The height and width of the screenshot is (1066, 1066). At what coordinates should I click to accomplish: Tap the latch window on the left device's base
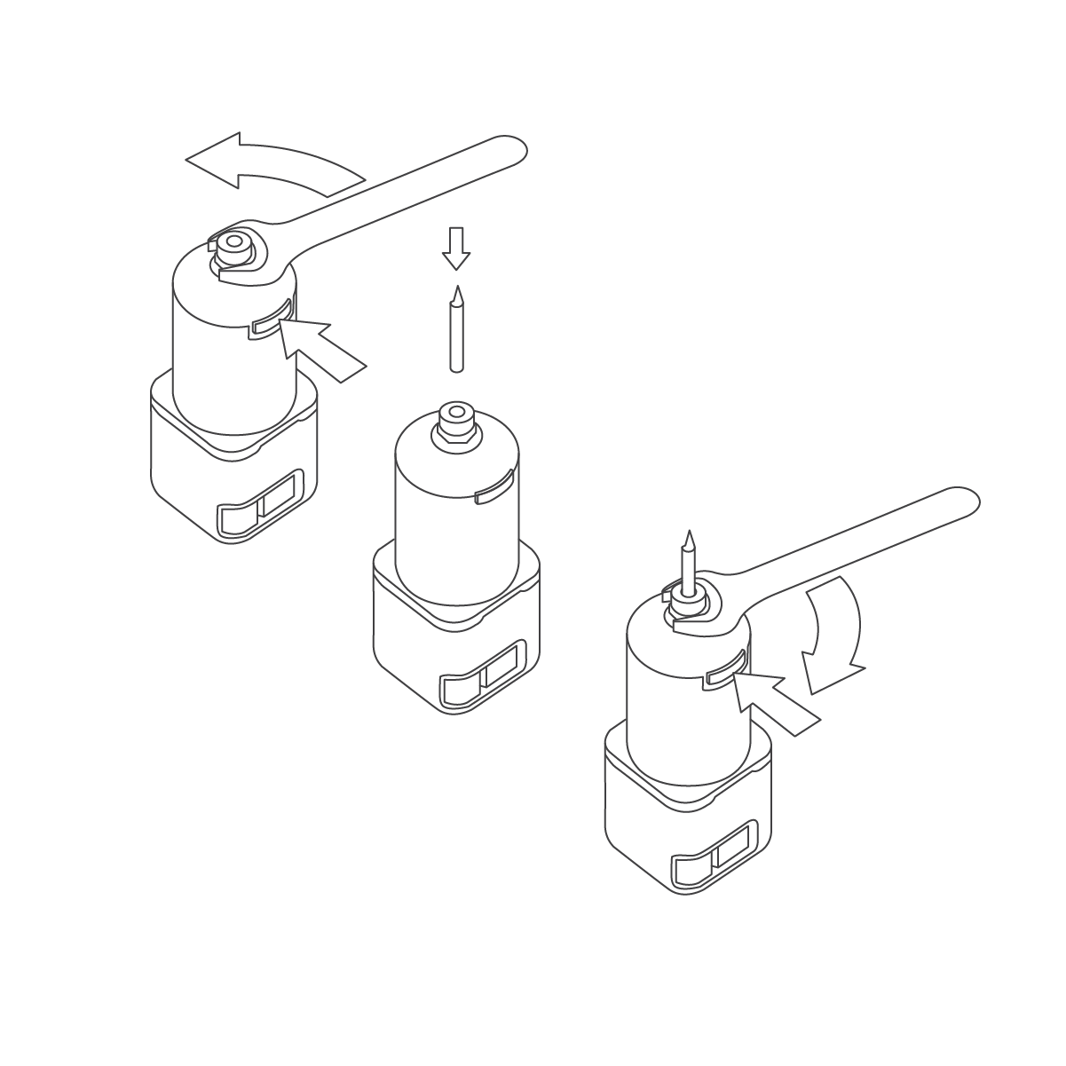[x=263, y=509]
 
